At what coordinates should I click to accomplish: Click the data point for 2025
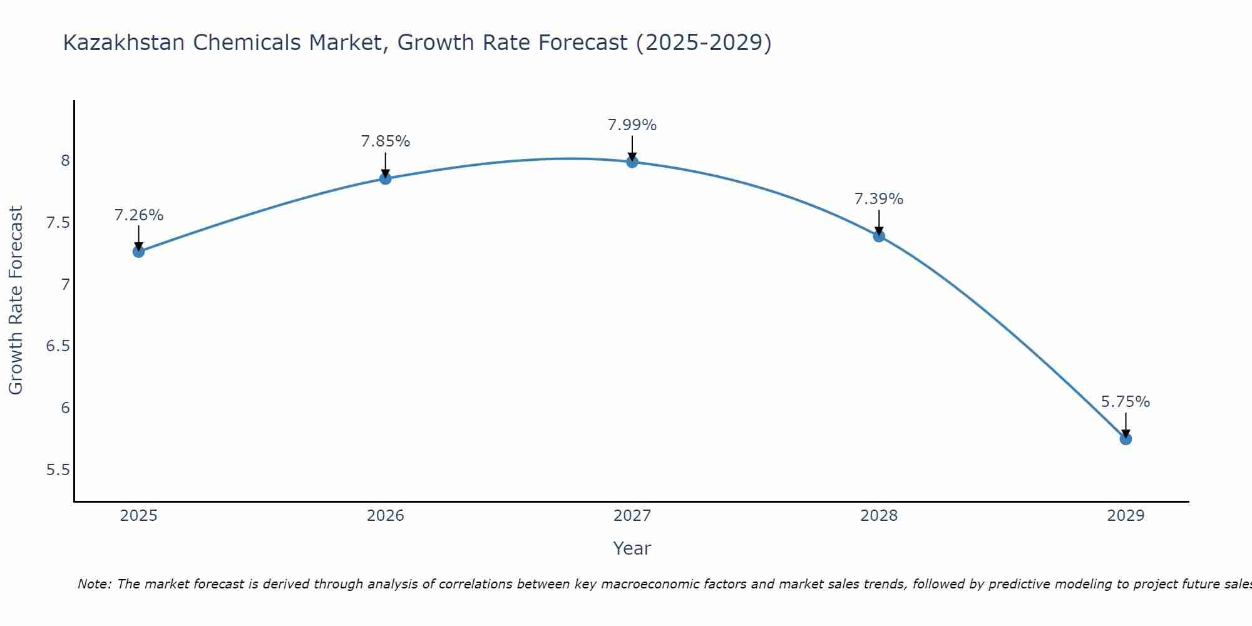click(138, 252)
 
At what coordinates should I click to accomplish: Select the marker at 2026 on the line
click(385, 178)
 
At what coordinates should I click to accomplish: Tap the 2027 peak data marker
click(632, 162)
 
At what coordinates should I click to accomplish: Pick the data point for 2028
click(879, 236)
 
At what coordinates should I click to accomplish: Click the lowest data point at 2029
click(1126, 439)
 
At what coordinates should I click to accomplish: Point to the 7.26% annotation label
click(138, 215)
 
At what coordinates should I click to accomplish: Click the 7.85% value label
click(385, 141)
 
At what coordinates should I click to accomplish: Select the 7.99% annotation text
click(632, 125)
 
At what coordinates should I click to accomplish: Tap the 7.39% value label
click(879, 199)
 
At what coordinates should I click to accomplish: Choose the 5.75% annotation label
click(1126, 402)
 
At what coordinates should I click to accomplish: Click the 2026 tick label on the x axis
click(385, 516)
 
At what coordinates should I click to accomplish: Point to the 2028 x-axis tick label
click(879, 516)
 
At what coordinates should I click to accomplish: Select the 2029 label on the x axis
click(1126, 516)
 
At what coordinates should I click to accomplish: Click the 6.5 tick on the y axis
click(58, 346)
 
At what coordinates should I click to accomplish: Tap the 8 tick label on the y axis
click(65, 161)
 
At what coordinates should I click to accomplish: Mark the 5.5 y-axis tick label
click(58, 470)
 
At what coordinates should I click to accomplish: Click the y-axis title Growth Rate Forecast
click(16, 300)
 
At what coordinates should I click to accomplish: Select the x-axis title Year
click(632, 548)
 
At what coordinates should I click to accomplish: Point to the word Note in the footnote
click(93, 584)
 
